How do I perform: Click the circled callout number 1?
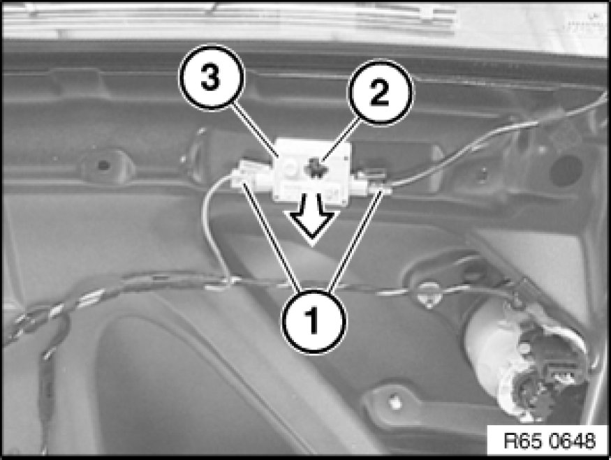pyautogui.click(x=314, y=321)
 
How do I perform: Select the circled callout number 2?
pyautogui.click(x=380, y=92)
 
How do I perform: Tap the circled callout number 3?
pyautogui.click(x=211, y=77)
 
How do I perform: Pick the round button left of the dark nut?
pyautogui.click(x=290, y=170)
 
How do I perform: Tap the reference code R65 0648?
pyautogui.click(x=550, y=441)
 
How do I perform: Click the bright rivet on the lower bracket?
pyautogui.click(x=395, y=402)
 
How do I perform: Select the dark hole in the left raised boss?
pyautogui.click(x=103, y=165)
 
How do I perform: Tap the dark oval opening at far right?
pyautogui.click(x=566, y=171)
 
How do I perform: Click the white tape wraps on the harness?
pyautogui.click(x=90, y=298)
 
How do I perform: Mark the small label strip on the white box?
pyautogui.click(x=311, y=191)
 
